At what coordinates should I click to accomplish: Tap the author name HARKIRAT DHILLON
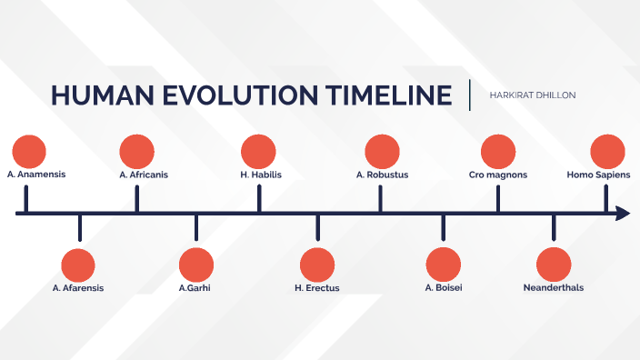pyautogui.click(x=533, y=95)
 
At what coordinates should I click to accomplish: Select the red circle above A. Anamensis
pyautogui.click(x=29, y=151)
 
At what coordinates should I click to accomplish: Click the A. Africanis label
pyautogui.click(x=144, y=174)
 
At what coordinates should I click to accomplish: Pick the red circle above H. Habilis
pyautogui.click(x=258, y=151)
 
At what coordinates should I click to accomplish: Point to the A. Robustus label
pyautogui.click(x=382, y=174)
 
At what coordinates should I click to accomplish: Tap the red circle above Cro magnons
pyautogui.click(x=498, y=151)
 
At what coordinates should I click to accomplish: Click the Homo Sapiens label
pyautogui.click(x=598, y=174)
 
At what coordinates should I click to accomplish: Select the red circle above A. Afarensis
pyautogui.click(x=78, y=265)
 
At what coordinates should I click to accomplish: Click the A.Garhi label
pyautogui.click(x=196, y=288)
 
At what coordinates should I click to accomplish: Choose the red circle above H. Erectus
pyautogui.click(x=317, y=265)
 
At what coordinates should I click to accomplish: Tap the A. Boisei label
pyautogui.click(x=443, y=288)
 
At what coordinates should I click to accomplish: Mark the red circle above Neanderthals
pyautogui.click(x=554, y=265)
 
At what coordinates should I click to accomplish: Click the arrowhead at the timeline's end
pyautogui.click(x=623, y=214)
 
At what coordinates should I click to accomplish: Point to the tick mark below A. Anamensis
pyautogui.click(x=26, y=199)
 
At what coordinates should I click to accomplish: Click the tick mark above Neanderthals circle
pyautogui.click(x=554, y=227)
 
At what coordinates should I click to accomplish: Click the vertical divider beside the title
pyautogui.click(x=470, y=95)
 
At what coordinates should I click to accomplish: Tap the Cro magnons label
pyautogui.click(x=498, y=174)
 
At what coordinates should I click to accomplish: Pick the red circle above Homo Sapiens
pyautogui.click(x=607, y=151)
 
